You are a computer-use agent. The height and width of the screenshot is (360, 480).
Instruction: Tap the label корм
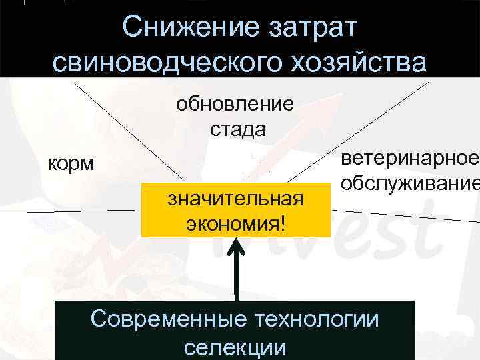(x=70, y=163)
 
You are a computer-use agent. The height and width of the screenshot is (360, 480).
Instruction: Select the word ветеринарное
(x=407, y=159)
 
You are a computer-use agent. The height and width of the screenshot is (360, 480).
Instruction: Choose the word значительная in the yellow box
(x=235, y=198)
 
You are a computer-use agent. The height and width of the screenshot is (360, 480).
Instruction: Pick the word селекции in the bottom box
(x=235, y=347)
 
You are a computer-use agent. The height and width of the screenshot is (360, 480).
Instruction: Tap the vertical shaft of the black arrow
(x=236, y=280)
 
